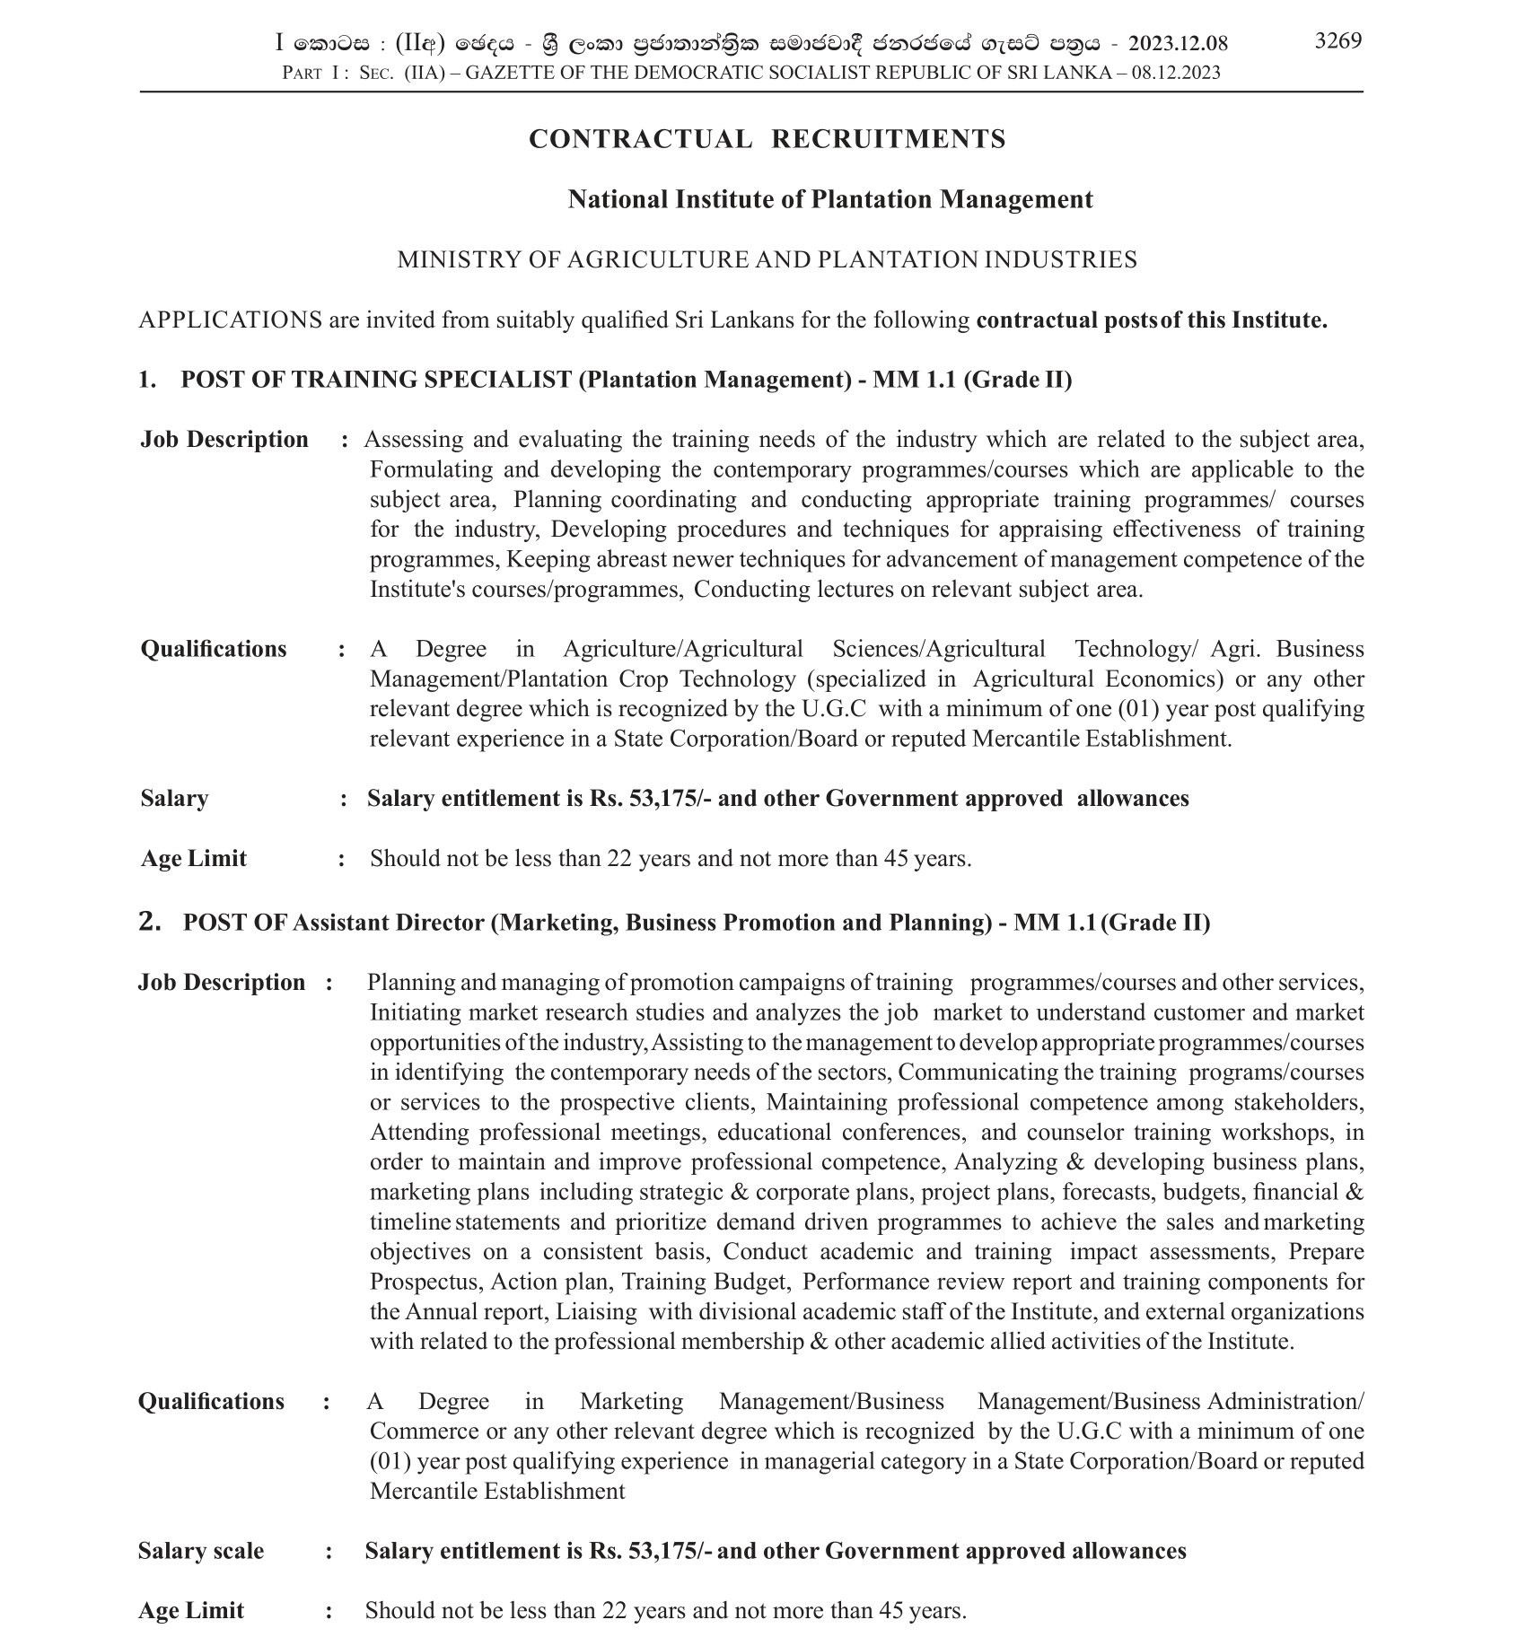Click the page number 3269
pos(1337,40)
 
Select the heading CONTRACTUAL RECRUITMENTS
pos(767,139)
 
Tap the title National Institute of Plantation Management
pos(829,199)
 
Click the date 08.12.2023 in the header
pos(1176,73)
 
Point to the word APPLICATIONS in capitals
pos(230,320)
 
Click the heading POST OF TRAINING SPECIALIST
pos(376,380)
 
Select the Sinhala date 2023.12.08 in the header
pos(1178,43)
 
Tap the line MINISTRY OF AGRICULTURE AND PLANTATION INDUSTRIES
pos(767,260)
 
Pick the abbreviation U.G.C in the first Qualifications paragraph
pos(833,709)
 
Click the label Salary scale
pos(201,1551)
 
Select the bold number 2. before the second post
pos(150,922)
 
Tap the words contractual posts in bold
pos(1066,320)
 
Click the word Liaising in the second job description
pos(596,1311)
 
